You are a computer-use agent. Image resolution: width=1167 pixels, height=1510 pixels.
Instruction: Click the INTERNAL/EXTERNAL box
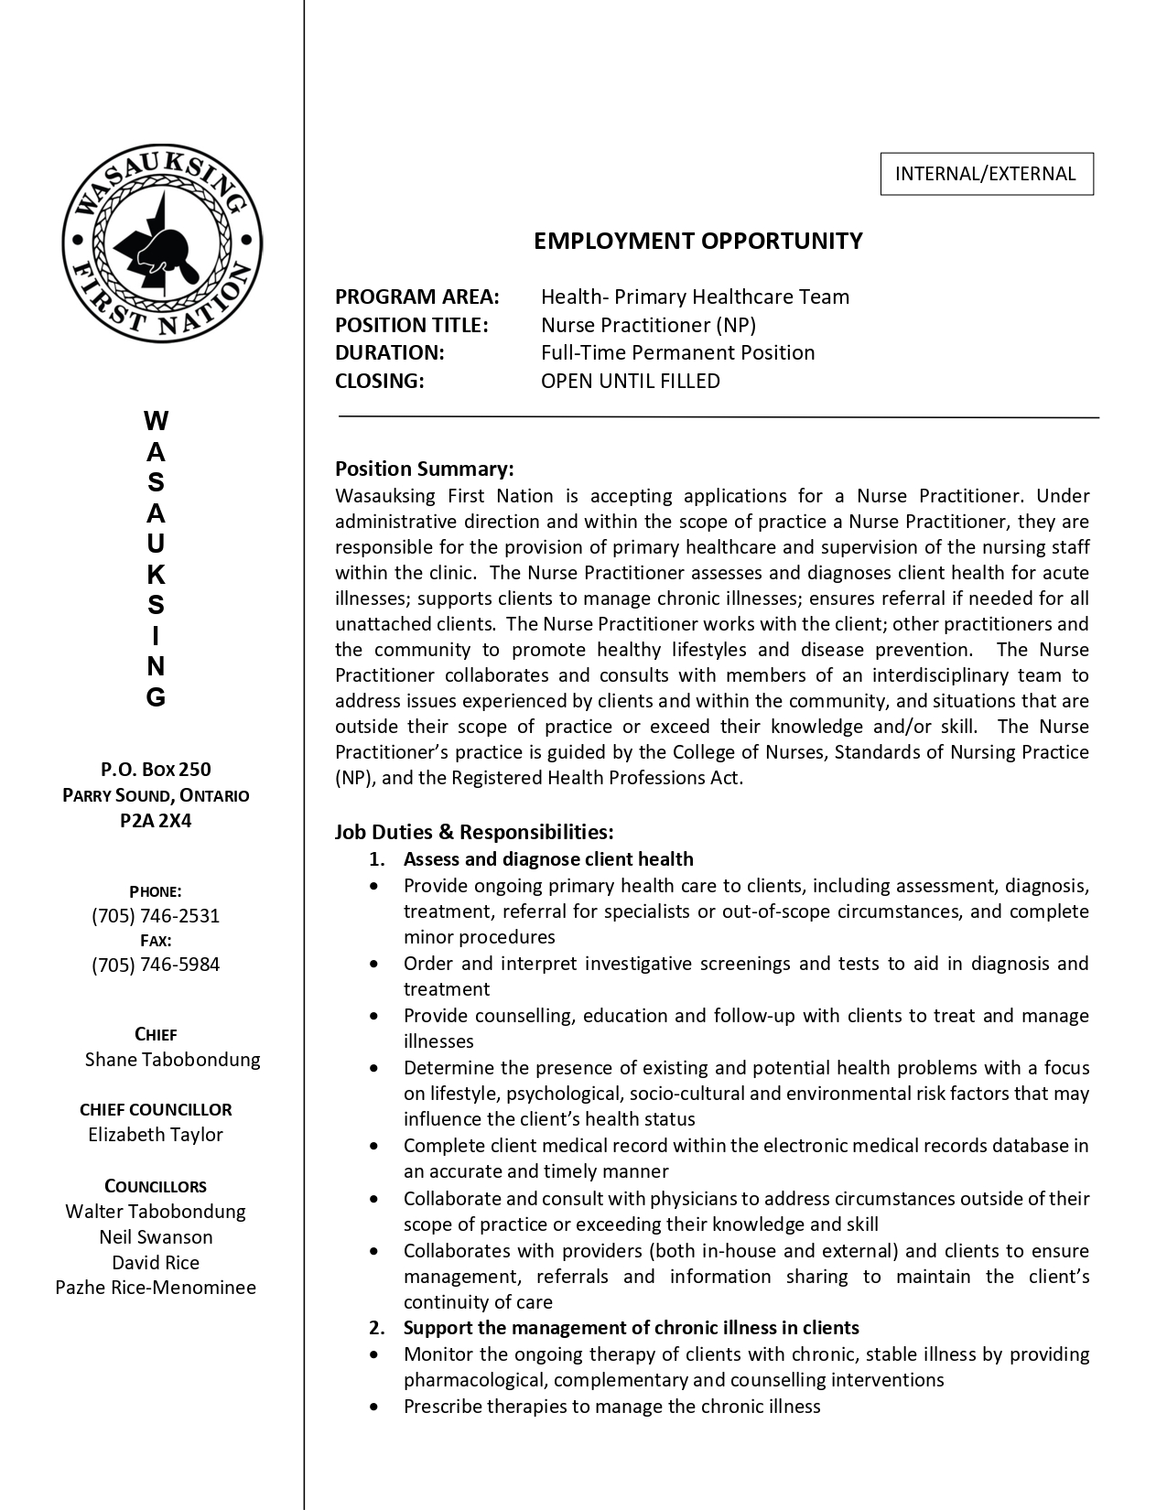pos(986,174)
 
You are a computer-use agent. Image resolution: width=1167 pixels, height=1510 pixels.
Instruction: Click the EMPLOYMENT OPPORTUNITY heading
pos(697,241)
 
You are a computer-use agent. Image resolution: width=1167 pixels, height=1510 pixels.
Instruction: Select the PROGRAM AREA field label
pos(417,297)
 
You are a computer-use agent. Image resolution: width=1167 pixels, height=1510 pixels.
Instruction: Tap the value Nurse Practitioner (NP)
pos(648,325)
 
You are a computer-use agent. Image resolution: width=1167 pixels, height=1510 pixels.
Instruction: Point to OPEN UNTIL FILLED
pos(630,381)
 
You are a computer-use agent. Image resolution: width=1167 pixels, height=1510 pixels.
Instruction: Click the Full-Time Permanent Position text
pos(677,352)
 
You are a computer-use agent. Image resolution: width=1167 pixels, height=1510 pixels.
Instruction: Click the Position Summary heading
pos(424,469)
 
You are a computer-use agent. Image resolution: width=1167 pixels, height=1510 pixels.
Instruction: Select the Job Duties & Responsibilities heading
pos(473,832)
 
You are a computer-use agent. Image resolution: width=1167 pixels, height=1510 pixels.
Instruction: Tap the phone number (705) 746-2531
pos(156,916)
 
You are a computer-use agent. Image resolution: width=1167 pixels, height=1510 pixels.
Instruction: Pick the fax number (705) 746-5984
pos(156,965)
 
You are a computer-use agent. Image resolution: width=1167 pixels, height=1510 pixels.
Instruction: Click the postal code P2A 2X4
pos(156,820)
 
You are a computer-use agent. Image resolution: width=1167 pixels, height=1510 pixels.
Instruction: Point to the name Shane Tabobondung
pos(172,1060)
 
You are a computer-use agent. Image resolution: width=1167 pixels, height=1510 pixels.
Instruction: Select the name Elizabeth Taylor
pos(156,1135)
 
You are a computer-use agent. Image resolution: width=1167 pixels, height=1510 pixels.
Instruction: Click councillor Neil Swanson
pos(156,1237)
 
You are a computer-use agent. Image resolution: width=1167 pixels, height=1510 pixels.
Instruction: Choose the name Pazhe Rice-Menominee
pos(156,1288)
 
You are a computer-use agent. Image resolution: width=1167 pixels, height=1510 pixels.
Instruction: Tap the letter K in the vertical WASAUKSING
pos(156,575)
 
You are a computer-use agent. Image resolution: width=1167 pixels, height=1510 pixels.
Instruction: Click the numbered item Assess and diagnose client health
pos(547,859)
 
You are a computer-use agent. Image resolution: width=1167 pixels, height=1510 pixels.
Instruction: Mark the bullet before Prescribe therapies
pos(373,1407)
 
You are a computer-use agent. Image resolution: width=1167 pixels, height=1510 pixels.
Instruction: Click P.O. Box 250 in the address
pos(156,770)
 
